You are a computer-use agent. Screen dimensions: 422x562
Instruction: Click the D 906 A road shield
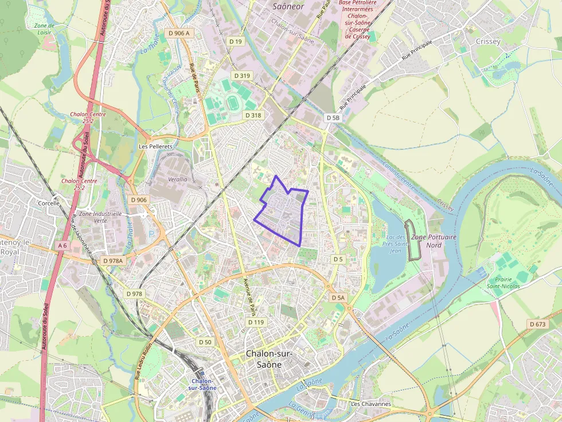pos(179,33)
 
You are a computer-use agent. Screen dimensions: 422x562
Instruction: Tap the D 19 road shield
pos(236,41)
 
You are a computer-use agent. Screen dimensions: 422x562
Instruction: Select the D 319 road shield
pos(243,76)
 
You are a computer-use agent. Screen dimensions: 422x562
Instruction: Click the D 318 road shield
pos(253,115)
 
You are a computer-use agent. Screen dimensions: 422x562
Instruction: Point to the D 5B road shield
pos(333,117)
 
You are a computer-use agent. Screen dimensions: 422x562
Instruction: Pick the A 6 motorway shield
pos(62,246)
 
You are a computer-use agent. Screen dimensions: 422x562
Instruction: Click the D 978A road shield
pos(112,261)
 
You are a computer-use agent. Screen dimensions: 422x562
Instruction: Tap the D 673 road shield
pos(538,325)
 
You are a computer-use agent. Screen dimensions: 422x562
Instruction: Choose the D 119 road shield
pos(256,322)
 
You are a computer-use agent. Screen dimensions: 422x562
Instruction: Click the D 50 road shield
pos(205,342)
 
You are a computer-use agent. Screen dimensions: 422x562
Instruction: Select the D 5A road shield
pos(338,298)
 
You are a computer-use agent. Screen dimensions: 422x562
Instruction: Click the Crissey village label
pos(488,41)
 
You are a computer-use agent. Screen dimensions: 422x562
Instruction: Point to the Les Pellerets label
pos(155,146)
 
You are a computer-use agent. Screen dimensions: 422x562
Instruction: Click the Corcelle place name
pos(49,203)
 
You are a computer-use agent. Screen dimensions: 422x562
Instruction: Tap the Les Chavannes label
pos(370,404)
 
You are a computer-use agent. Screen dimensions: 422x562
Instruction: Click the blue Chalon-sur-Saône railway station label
pos(204,384)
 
